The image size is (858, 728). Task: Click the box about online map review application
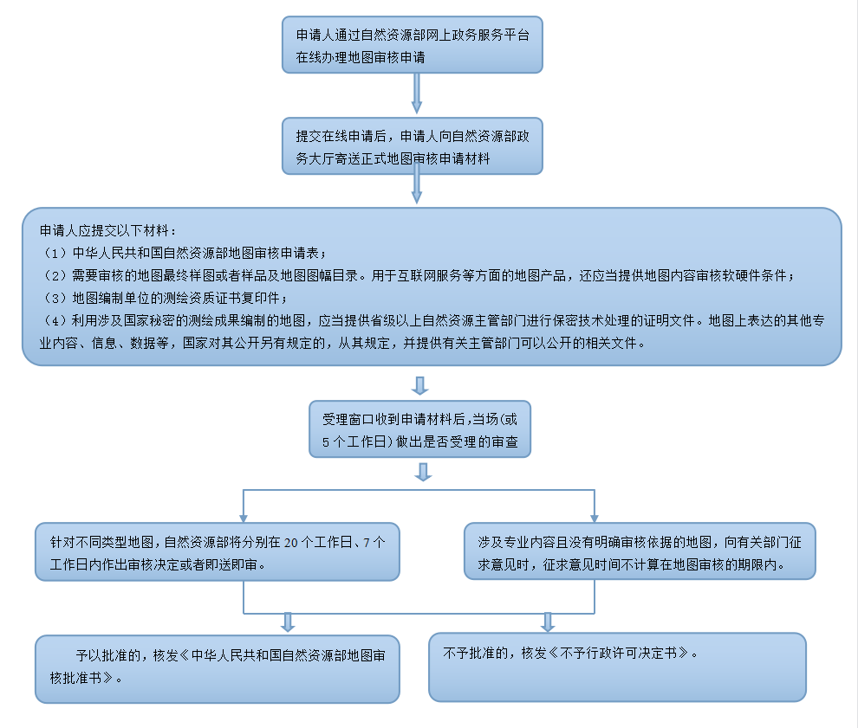pos(413,44)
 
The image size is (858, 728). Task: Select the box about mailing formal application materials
pos(413,145)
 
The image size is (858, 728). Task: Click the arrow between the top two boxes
pos(417,93)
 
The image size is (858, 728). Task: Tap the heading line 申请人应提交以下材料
pos(108,232)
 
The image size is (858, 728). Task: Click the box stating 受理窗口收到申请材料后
pos(420,429)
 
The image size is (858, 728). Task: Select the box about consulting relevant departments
pos(640,551)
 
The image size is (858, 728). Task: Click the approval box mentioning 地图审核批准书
pos(217,668)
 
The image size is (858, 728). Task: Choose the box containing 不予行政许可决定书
pos(617,666)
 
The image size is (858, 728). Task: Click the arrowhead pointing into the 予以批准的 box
pos(289,622)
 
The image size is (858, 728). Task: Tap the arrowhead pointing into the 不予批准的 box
pos(548,622)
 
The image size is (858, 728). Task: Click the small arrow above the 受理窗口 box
pos(422,385)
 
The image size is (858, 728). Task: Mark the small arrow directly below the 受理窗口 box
pos(423,472)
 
